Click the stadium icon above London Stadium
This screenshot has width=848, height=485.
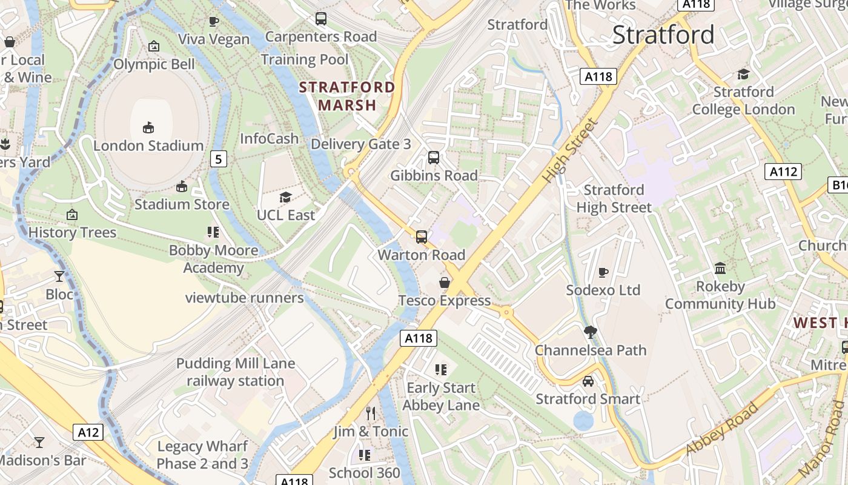coord(148,127)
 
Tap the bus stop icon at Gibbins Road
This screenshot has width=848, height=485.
coord(434,158)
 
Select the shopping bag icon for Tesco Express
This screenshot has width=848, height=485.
coord(445,283)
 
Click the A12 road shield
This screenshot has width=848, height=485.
coord(88,432)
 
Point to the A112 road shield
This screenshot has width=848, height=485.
coord(783,172)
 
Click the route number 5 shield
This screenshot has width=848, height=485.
coord(219,159)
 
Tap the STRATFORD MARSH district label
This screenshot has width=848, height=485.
coord(347,96)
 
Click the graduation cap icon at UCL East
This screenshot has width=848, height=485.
coord(285,197)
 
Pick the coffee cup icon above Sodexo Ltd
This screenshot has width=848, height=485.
coord(603,272)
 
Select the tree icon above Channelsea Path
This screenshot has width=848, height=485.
coord(590,332)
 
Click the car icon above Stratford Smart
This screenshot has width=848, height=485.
coord(588,381)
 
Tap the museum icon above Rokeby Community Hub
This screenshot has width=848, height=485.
coord(720,268)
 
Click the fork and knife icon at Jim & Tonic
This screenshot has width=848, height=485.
coord(371,413)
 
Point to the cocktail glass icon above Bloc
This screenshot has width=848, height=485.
coord(59,276)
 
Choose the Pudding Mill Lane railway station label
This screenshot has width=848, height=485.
coord(235,372)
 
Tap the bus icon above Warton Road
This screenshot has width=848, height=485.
coord(422,237)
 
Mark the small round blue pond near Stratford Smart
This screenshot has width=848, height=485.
coord(583,421)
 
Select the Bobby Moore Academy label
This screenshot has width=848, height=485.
coord(213,259)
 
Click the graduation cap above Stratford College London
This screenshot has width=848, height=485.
coord(743,74)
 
